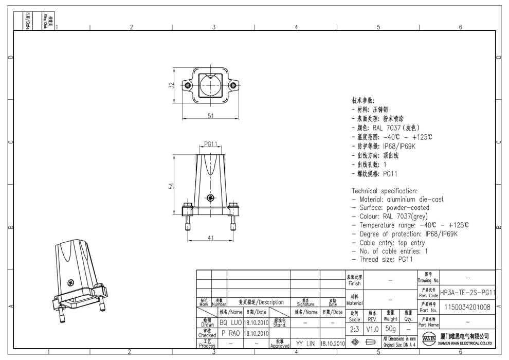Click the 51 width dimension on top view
[x=210, y=116]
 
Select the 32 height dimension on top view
[x=171, y=85]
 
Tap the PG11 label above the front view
[x=211, y=144]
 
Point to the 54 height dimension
[x=171, y=186]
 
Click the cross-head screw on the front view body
[x=210, y=198]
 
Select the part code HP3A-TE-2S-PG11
[x=468, y=292]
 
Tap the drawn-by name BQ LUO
[x=231, y=322]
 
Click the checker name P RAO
[x=231, y=333]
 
